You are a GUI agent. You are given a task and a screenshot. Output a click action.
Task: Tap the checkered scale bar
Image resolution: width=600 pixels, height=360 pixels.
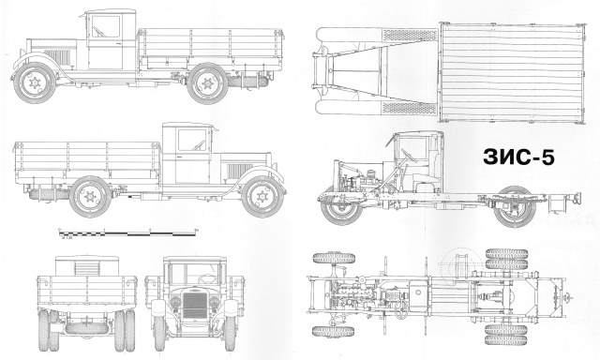123,230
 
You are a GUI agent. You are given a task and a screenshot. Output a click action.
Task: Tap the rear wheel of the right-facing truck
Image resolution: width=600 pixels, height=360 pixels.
92,198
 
